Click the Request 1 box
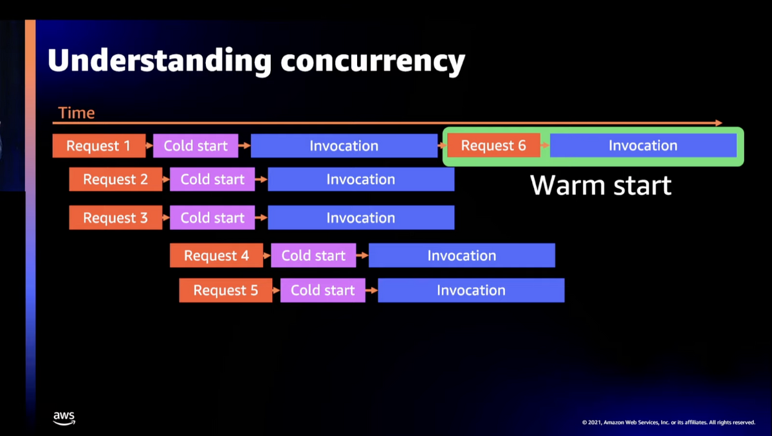[98, 146]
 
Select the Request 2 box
[115, 180]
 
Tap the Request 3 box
[115, 218]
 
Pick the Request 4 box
[216, 256]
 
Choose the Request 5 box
[225, 290]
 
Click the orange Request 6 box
[493, 146]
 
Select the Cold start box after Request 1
[196, 146]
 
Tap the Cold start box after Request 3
[212, 218]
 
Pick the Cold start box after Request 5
[322, 290]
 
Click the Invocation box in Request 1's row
[344, 146]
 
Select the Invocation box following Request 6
[643, 146]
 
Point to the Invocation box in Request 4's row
[461, 256]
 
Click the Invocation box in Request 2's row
[360, 180]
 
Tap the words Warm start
[600, 185]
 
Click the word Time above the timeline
[77, 113]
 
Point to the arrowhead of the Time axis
[719, 122]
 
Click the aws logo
[64, 418]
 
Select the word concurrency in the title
[372, 61]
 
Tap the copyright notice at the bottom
[668, 422]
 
